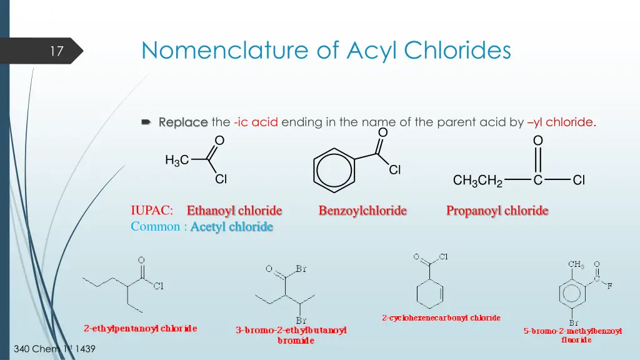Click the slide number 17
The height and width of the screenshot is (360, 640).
point(57,51)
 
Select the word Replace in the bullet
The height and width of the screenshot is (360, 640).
point(182,122)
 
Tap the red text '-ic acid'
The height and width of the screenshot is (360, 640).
point(256,122)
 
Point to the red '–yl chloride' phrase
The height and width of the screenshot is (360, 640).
point(561,122)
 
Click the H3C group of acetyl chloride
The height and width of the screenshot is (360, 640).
point(176,161)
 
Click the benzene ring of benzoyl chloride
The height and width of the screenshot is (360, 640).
point(334,169)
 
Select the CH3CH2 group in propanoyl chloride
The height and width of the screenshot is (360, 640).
point(478,181)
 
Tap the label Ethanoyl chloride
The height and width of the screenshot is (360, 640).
point(234,211)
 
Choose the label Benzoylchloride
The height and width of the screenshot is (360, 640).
point(362,211)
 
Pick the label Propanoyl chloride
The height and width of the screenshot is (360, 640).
point(497,211)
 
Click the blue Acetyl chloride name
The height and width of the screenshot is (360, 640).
point(232,227)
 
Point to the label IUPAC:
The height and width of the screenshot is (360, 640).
point(152,211)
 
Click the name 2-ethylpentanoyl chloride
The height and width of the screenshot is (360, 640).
point(141,328)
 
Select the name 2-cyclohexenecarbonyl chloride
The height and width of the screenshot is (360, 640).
point(441,318)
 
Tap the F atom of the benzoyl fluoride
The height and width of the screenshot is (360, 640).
point(609,286)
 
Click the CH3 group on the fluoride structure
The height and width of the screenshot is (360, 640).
point(576,265)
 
